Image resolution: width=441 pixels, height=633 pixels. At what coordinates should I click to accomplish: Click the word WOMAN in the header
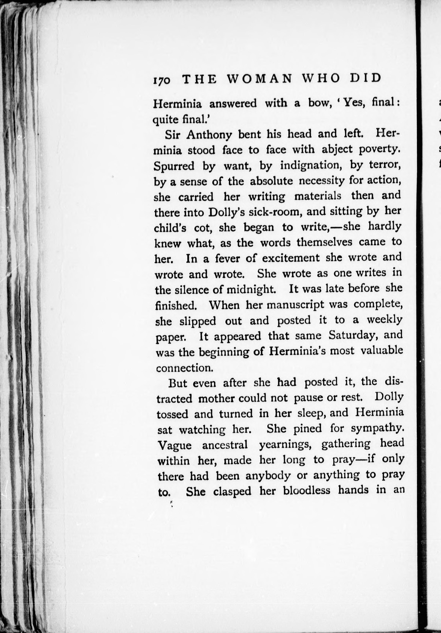pyautogui.click(x=260, y=79)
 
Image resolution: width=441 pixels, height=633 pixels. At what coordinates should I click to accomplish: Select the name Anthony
pyautogui.click(x=209, y=135)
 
